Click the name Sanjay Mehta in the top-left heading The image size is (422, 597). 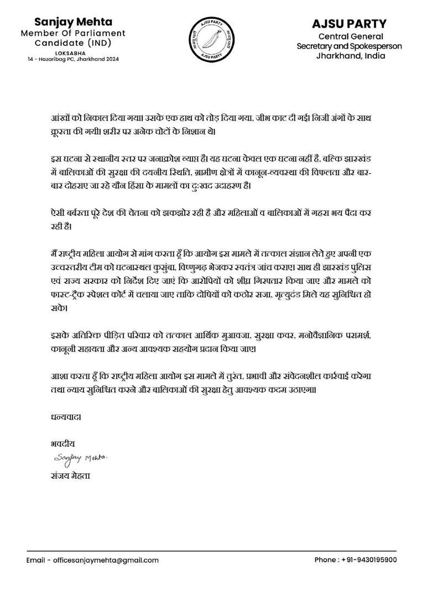pos(73,22)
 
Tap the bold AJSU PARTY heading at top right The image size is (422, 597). pos(349,24)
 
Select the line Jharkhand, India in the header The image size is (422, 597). pos(349,56)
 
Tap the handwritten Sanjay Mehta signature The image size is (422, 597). pos(82,458)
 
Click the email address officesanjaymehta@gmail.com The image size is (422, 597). pos(106,560)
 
